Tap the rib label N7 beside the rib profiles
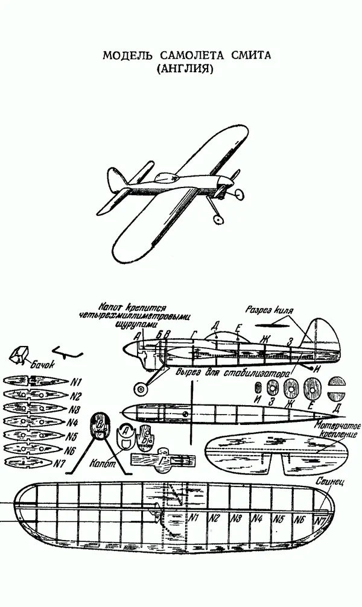(59, 464)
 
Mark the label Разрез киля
(269, 312)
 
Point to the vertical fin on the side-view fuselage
(319, 334)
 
